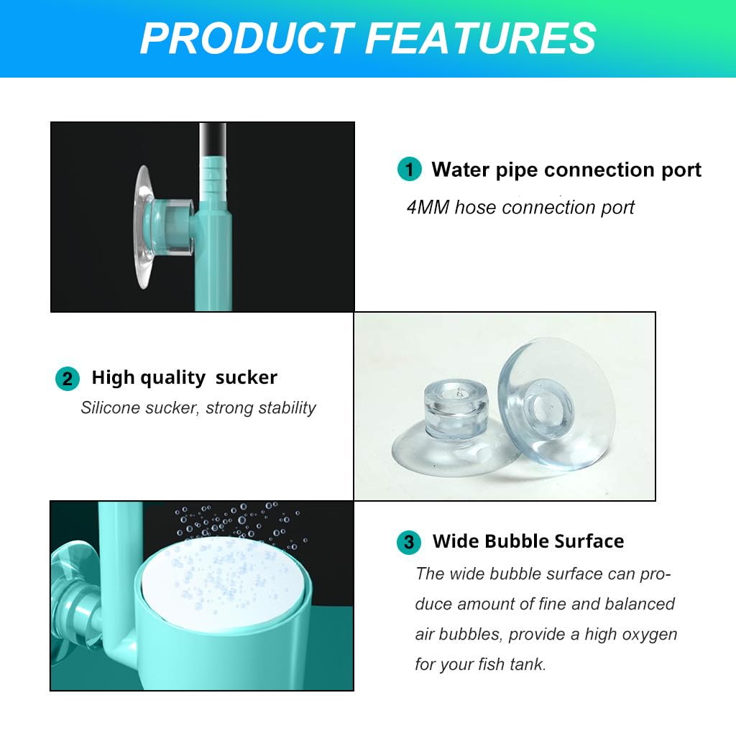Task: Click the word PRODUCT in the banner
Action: coord(247,38)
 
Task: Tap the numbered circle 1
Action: coord(410,171)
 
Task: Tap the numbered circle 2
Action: coord(68,379)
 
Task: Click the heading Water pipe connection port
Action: coord(566,170)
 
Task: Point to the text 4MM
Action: coord(428,208)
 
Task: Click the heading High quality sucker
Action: coord(184,378)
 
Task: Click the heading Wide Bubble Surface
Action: coord(528,541)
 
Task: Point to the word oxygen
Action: coord(650,635)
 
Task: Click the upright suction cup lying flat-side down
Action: coord(443,431)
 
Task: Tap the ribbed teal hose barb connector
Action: coord(214,180)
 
